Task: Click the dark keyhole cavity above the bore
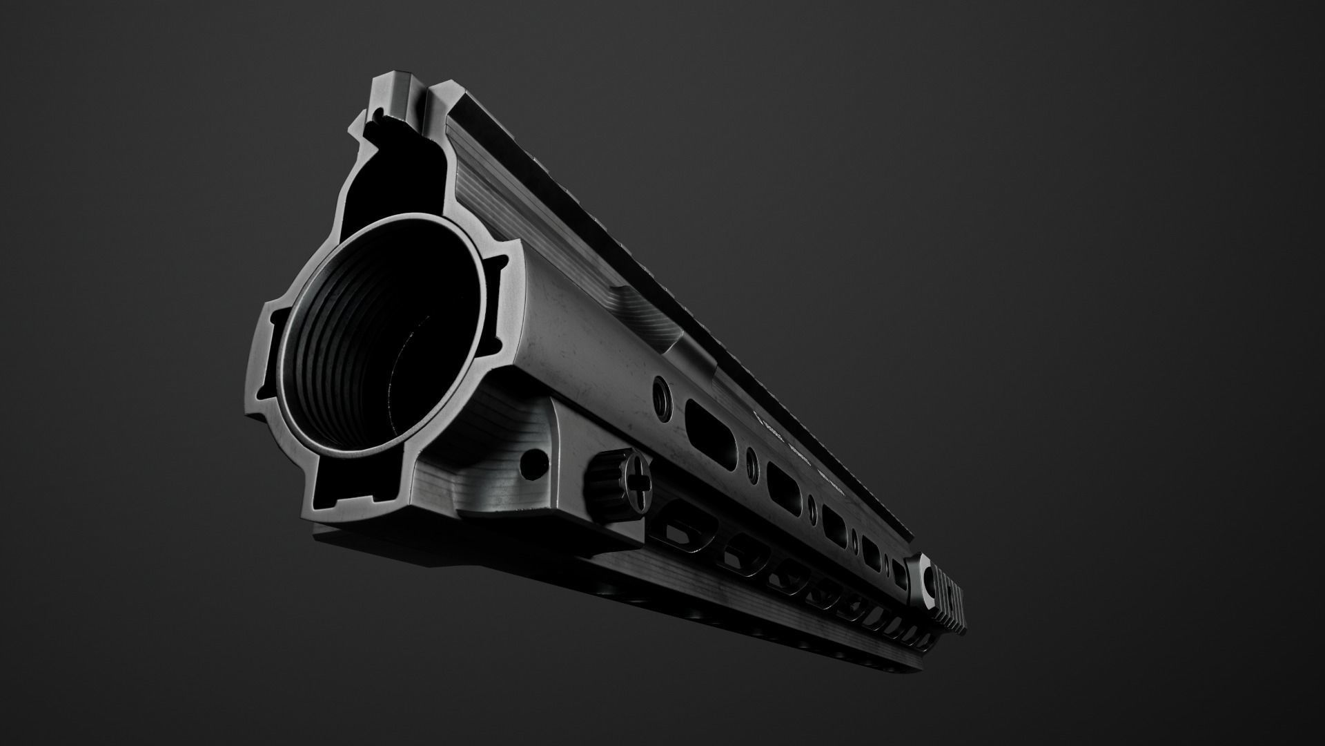coord(407,173)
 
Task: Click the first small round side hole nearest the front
coord(661,394)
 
